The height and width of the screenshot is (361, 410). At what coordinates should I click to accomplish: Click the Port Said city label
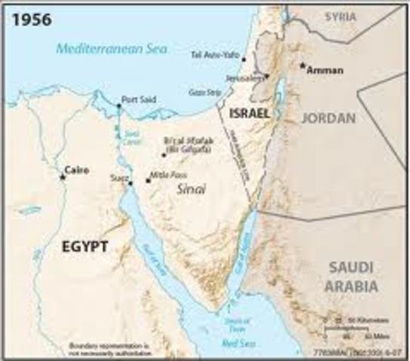(x=136, y=99)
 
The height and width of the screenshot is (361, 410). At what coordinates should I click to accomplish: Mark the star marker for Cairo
(x=62, y=177)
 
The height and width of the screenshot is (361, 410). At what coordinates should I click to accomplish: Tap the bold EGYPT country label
(x=85, y=246)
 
